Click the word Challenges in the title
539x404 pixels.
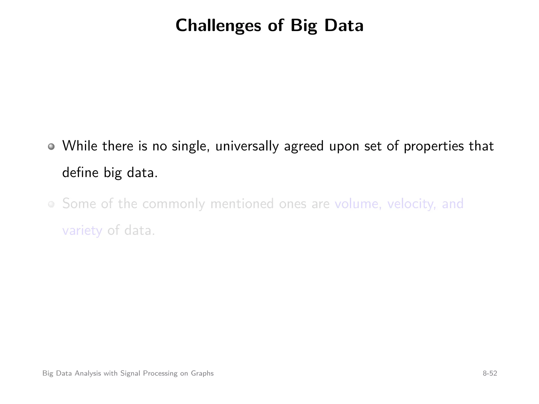[x=218, y=26]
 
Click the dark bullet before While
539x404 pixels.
[x=51, y=147]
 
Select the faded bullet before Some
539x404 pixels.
[x=51, y=204]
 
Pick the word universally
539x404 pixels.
[x=247, y=147]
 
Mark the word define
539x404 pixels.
[x=80, y=173]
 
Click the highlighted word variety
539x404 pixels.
[x=82, y=231]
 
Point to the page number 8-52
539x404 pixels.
[x=490, y=373]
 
